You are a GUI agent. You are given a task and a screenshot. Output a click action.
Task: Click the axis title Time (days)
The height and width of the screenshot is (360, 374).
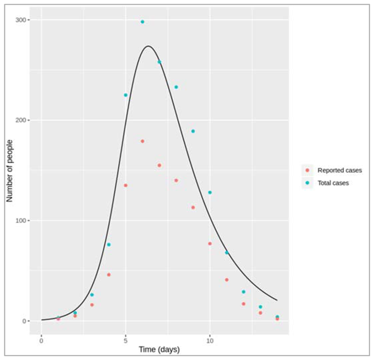tap(159, 350)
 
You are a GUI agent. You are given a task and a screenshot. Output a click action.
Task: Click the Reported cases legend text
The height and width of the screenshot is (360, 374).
tap(339, 171)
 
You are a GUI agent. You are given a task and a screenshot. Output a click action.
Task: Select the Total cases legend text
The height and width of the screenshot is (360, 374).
tap(333, 183)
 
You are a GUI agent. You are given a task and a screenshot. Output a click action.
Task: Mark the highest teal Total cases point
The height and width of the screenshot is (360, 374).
tap(142, 22)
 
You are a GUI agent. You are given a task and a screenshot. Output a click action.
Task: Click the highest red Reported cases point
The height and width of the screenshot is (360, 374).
tap(142, 141)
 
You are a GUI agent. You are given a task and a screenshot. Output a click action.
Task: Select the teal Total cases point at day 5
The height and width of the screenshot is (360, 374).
tap(125, 95)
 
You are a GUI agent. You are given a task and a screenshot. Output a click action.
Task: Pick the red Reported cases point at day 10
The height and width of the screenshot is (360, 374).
tap(210, 244)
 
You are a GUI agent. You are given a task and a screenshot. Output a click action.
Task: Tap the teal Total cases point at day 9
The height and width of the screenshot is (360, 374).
tap(193, 131)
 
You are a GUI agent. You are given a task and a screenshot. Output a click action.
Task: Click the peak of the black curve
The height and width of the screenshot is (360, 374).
tap(148, 46)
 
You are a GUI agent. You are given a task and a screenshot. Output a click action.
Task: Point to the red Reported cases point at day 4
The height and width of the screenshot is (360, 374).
tap(109, 275)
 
